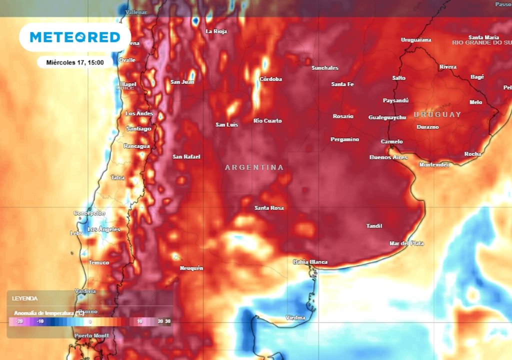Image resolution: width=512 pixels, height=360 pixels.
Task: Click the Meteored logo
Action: click(x=75, y=37)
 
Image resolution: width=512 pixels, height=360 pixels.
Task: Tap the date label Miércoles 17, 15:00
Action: click(x=74, y=62)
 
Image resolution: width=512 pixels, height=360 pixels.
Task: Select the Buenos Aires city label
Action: click(x=388, y=157)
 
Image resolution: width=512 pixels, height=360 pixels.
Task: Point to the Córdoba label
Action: click(x=270, y=79)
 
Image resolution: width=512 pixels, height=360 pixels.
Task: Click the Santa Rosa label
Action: click(x=268, y=207)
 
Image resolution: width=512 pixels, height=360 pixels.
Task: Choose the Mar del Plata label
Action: click(x=406, y=243)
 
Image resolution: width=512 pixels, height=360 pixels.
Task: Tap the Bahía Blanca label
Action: click(x=310, y=262)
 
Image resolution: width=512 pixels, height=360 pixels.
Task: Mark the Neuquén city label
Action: click(x=191, y=268)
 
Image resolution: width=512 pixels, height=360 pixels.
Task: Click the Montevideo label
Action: click(x=434, y=164)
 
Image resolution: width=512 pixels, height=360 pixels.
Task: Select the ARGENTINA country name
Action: click(x=254, y=167)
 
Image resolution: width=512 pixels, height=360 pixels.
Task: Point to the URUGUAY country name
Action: click(x=437, y=114)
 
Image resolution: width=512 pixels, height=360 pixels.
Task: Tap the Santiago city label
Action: click(x=138, y=128)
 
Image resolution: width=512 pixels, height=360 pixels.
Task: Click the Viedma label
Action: click(x=295, y=317)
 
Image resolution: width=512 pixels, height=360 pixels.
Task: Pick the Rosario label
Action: click(x=343, y=116)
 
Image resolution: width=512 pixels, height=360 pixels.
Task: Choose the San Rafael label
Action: click(x=186, y=156)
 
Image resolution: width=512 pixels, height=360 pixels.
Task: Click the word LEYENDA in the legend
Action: click(x=25, y=298)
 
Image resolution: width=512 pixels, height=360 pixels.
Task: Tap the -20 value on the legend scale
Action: click(x=19, y=321)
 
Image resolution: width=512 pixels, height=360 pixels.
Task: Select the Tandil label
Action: click(x=374, y=226)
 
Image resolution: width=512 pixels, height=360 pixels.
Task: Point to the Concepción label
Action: click(x=89, y=213)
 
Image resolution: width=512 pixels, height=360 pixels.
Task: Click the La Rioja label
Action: click(x=216, y=31)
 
